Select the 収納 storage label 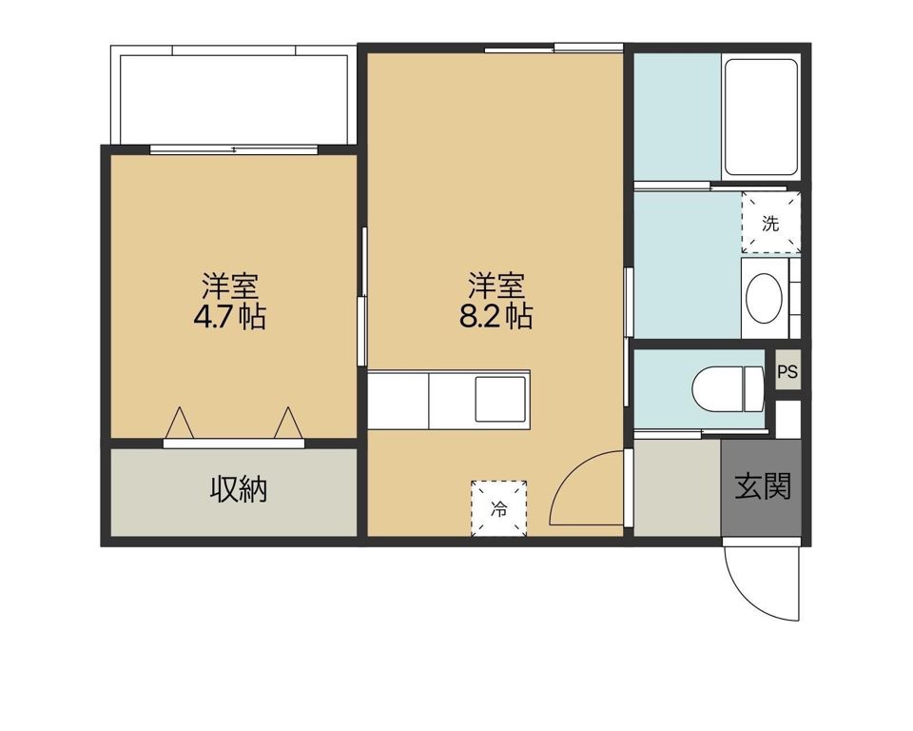point(239,489)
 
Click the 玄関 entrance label point(762,486)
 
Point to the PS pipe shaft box point(787,371)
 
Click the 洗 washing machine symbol point(771,223)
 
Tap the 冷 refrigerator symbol point(499,508)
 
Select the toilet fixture point(728,385)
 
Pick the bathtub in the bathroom point(761,116)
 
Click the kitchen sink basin point(501,400)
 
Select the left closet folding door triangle point(180,422)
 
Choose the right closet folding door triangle point(288,422)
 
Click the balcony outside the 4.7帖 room point(233,96)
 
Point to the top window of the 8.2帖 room point(554,49)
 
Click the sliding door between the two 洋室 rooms point(362,297)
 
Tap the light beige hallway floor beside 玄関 point(677,487)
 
